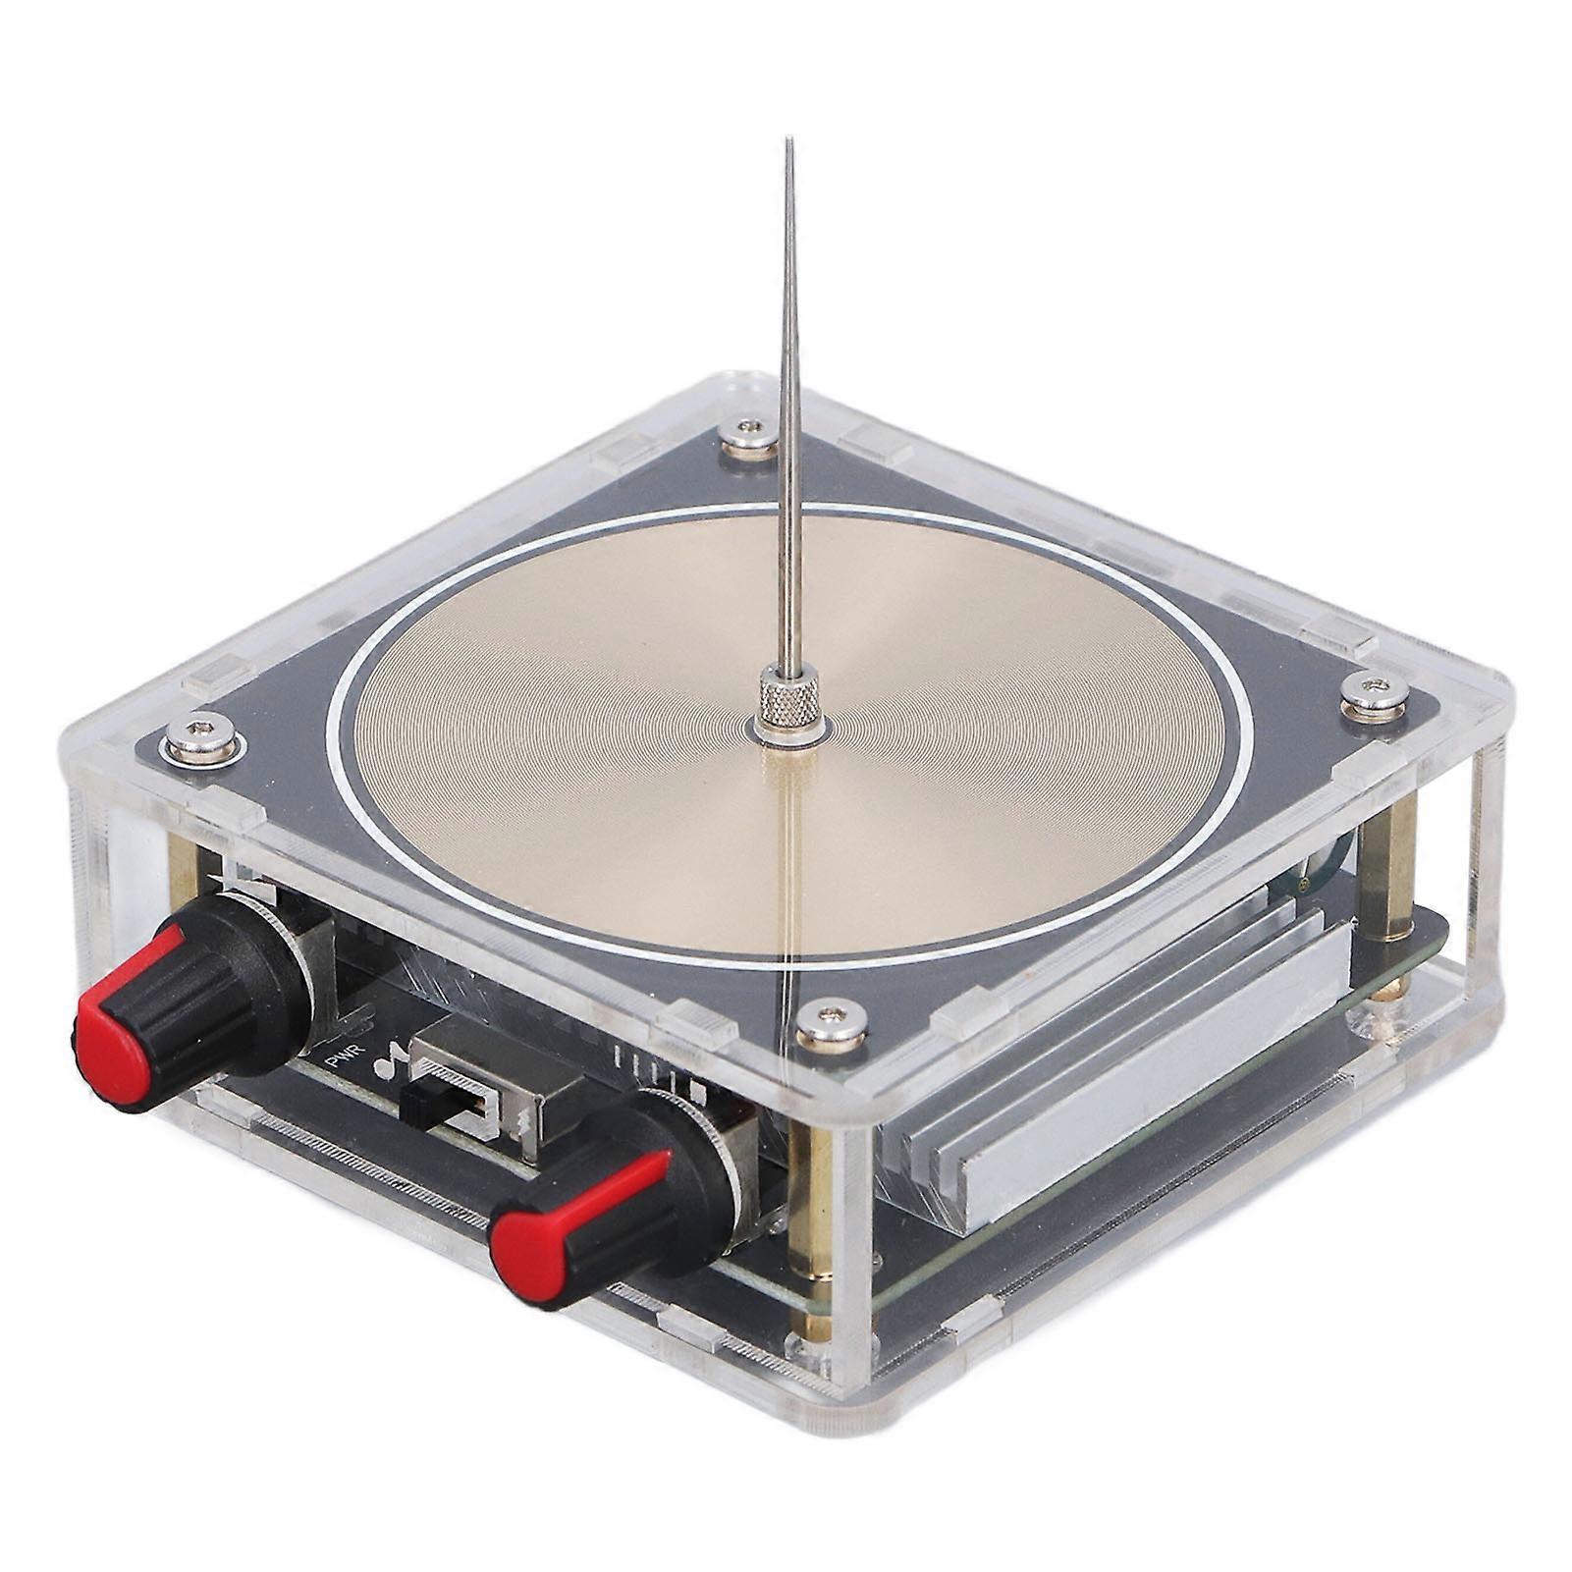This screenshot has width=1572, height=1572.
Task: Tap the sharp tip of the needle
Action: (x=788, y=141)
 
